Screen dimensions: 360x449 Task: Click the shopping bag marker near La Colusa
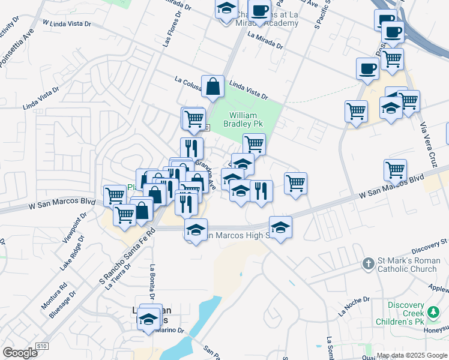(x=212, y=86)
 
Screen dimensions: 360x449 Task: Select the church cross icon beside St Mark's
(x=369, y=263)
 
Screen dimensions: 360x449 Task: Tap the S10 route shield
(x=41, y=346)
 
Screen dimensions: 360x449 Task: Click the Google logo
(x=20, y=353)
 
